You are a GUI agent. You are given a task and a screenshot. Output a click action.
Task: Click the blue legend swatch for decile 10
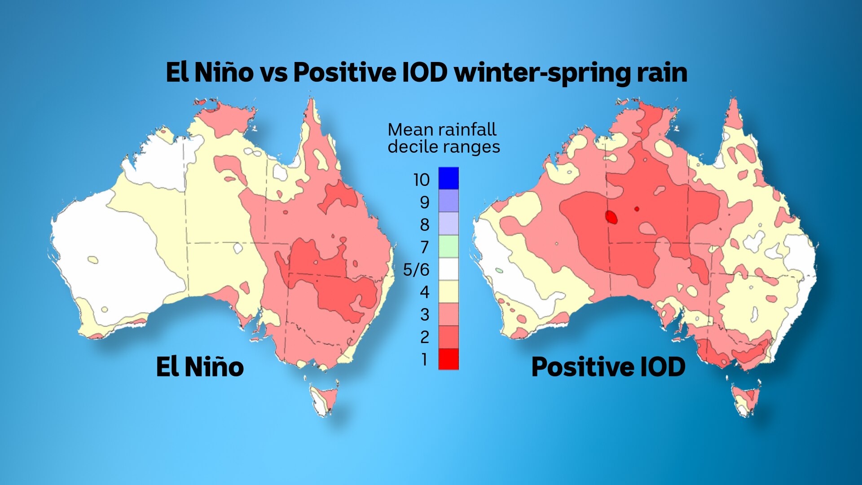tap(449, 178)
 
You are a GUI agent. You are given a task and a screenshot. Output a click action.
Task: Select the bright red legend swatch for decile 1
tap(449, 359)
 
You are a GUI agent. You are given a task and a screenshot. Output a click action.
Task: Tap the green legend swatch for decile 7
tap(449, 246)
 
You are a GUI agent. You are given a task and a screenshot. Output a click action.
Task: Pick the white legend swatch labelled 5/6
tap(449, 269)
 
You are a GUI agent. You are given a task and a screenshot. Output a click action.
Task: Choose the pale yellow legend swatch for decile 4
tap(449, 291)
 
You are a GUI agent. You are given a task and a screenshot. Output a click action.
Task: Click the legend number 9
tap(424, 203)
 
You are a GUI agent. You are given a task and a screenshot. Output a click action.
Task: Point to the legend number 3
tap(424, 315)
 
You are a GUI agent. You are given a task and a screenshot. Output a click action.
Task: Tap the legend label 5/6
tap(416, 270)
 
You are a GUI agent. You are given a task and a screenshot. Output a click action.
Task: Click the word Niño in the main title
tap(224, 72)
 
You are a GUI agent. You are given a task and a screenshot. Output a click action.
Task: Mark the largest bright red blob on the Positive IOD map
tap(611, 217)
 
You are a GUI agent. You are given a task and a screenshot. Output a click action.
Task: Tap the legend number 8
tap(424, 225)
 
